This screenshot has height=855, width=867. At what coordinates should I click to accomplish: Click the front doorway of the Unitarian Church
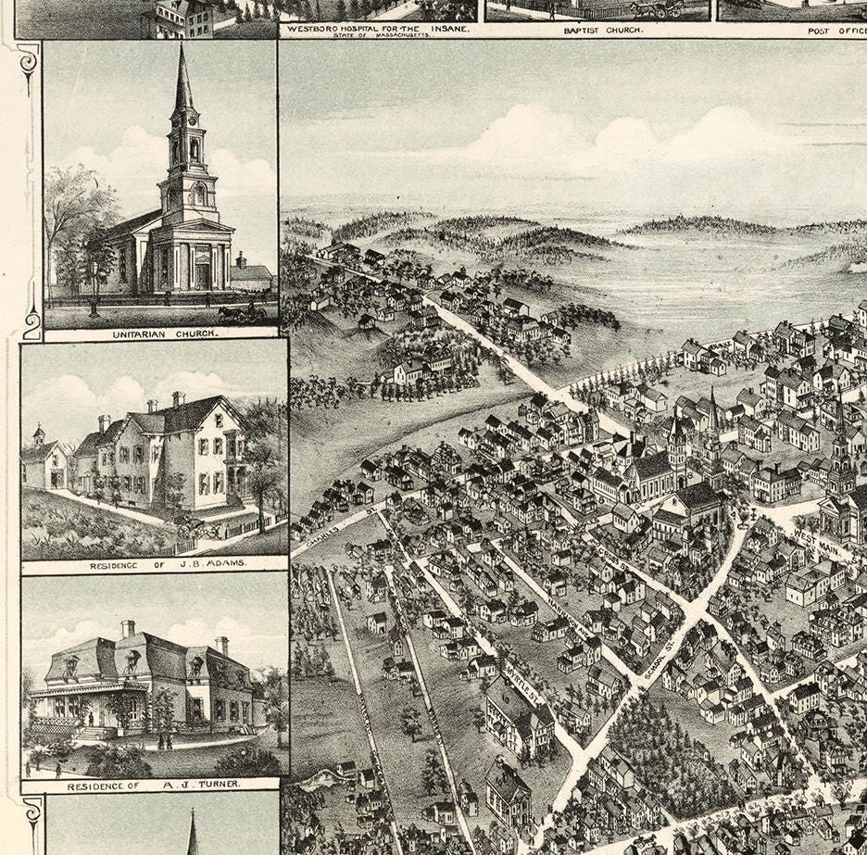pyautogui.click(x=201, y=275)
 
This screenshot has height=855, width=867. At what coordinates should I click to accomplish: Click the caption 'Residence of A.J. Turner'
pyautogui.click(x=154, y=785)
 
